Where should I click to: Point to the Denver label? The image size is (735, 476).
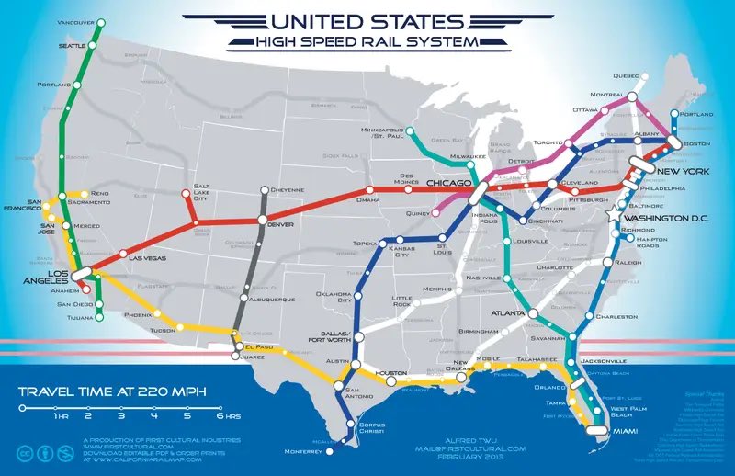[281, 223]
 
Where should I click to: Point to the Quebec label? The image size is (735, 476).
[625, 76]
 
